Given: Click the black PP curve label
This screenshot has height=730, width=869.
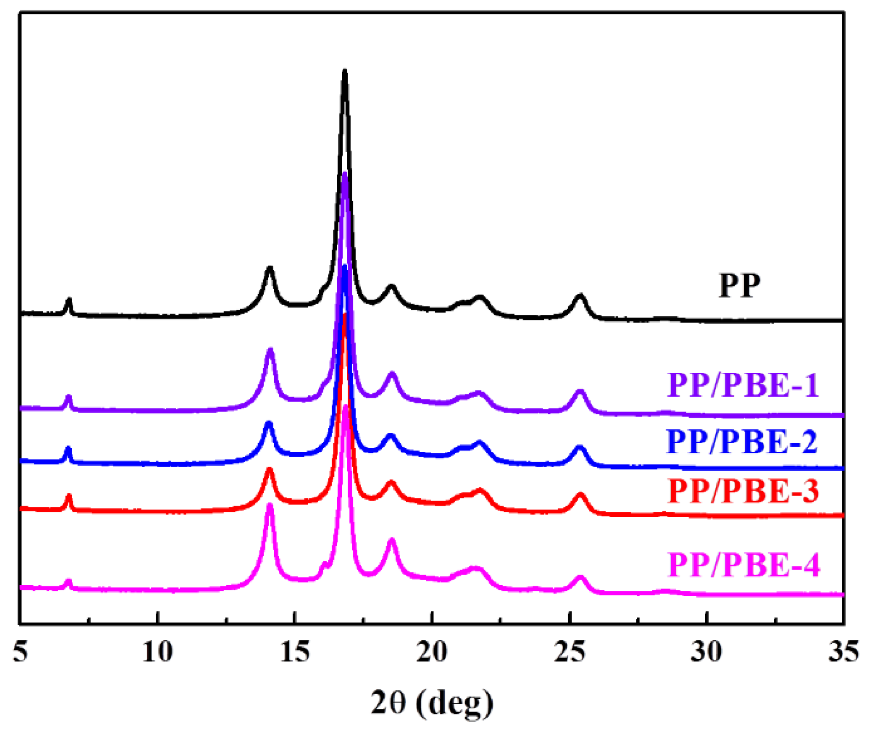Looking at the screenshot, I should (x=739, y=286).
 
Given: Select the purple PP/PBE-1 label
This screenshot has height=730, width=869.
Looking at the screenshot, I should (x=743, y=385).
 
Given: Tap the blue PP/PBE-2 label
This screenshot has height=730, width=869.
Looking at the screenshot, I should (x=742, y=442).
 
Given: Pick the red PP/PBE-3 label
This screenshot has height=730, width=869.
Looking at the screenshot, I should (x=743, y=491).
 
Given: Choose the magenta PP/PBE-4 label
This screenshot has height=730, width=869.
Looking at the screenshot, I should (x=743, y=565).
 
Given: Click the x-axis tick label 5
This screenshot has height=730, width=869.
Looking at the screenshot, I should (x=20, y=652).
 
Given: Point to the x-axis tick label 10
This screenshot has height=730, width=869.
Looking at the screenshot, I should (x=157, y=652).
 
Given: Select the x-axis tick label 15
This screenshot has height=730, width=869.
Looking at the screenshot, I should (x=295, y=652).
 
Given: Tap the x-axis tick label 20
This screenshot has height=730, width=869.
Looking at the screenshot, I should (x=432, y=652).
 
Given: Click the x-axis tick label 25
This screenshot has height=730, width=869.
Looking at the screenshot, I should (x=570, y=652).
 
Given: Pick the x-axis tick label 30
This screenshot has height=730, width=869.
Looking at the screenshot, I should (x=707, y=652).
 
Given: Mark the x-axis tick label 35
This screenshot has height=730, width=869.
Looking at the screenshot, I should (x=844, y=652).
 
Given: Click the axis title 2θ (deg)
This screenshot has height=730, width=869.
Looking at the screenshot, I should (x=432, y=702).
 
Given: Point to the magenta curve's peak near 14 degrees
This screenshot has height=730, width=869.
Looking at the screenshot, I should (x=270, y=506).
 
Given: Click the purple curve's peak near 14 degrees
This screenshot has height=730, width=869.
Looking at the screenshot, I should (x=270, y=351).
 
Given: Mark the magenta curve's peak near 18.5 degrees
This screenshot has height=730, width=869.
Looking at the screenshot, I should (x=392, y=540).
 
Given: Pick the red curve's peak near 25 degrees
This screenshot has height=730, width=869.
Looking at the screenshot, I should (x=581, y=495).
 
